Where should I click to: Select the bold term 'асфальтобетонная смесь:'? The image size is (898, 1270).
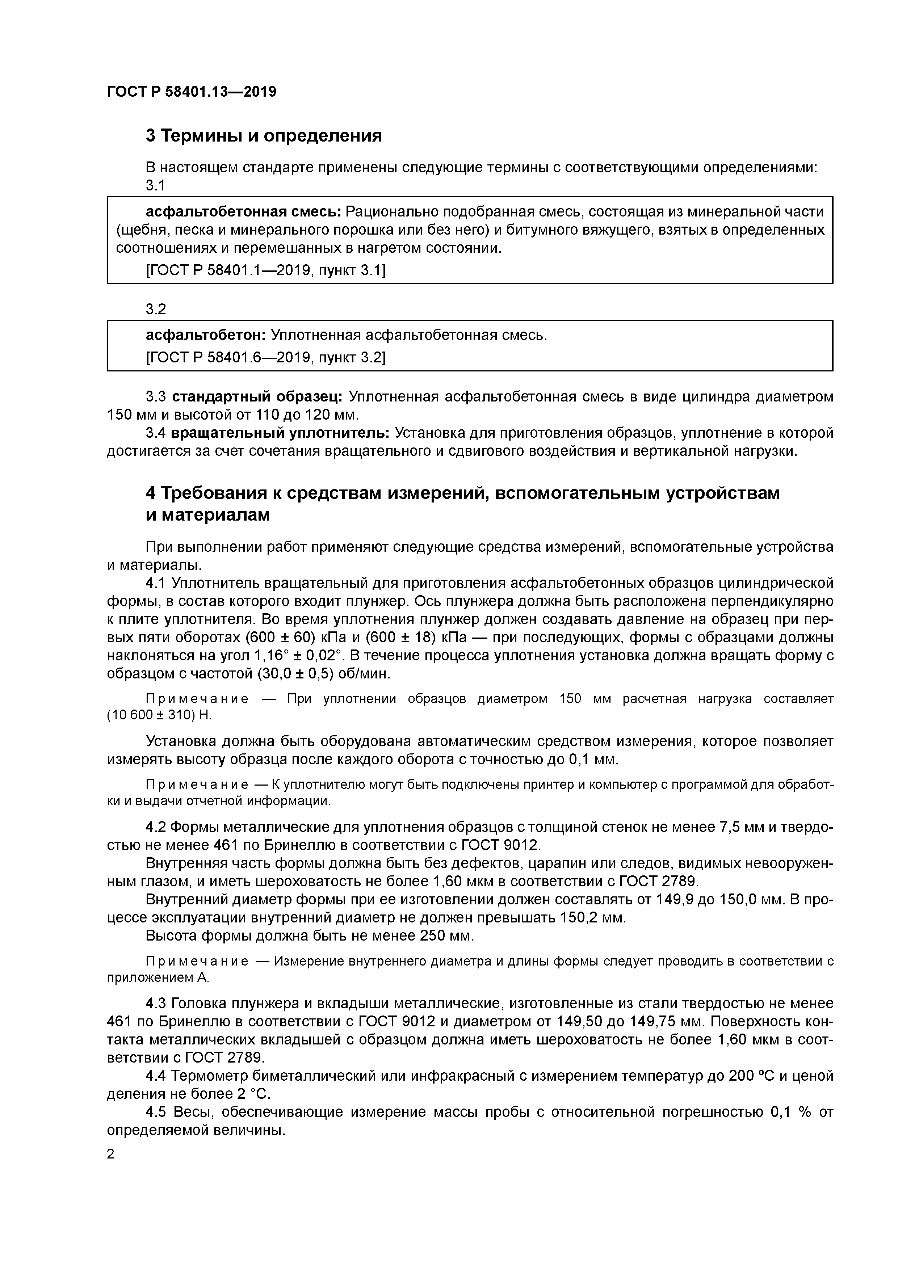(x=243, y=211)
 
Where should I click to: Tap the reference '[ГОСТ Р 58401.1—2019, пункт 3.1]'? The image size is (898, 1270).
(x=265, y=270)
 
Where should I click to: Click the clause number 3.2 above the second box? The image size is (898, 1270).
(x=155, y=309)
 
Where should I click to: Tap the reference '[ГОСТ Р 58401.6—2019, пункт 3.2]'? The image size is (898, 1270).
(x=265, y=358)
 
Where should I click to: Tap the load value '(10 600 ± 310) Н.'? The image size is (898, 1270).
(x=159, y=715)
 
